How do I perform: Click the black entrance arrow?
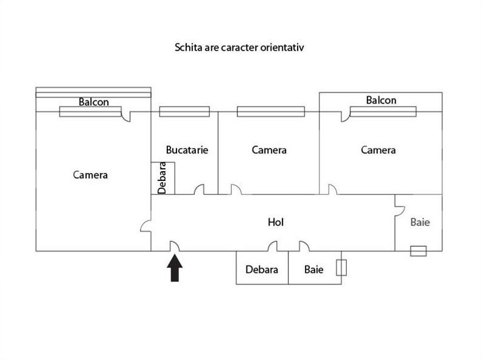pos(175,268)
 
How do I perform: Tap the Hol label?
pos(276,222)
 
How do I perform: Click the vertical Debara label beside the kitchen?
pos(162,178)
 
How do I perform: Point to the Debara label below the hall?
pos(262,269)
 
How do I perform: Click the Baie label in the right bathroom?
pos(420,222)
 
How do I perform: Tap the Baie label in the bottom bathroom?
pos(314,269)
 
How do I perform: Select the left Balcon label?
pos(94,102)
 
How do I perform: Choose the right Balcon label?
pos(381,100)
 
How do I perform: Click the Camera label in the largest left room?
pos(90,175)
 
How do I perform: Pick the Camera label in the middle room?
pos(269,150)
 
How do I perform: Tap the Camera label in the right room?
pos(378,150)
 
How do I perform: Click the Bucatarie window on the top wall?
pos(184,111)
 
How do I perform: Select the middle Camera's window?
pos(270,111)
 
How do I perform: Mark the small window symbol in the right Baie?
pos(418,250)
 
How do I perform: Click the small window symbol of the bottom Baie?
pos(341,268)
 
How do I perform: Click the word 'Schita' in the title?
pos(187,47)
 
